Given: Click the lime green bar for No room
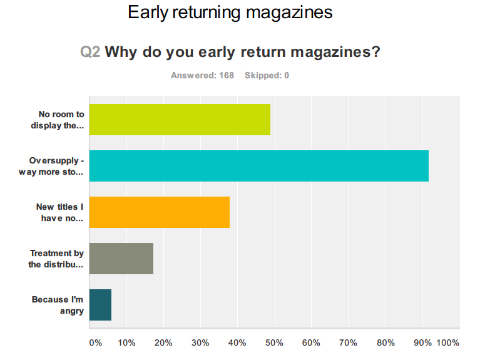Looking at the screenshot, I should point(180,120).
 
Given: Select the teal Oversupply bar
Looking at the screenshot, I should point(258,166).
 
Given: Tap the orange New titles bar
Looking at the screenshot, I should point(160,212).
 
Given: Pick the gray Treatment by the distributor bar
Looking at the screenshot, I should point(121,259).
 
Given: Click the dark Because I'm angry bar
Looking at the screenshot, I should point(100,305).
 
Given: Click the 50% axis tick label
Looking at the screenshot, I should point(274,343).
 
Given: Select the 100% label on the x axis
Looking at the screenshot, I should point(447,343).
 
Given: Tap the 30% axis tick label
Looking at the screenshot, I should point(200,343).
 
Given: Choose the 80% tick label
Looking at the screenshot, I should point(385,343).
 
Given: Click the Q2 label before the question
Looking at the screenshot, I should point(90,52).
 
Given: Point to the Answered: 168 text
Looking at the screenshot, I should point(202,76).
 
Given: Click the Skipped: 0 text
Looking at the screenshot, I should point(267,76).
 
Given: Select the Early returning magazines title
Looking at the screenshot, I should point(230,12).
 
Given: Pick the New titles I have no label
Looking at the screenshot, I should point(59,212).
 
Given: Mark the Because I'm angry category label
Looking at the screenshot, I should point(58,305).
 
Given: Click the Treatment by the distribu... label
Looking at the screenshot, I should point(56,259).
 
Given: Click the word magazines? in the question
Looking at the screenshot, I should point(338,52).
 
